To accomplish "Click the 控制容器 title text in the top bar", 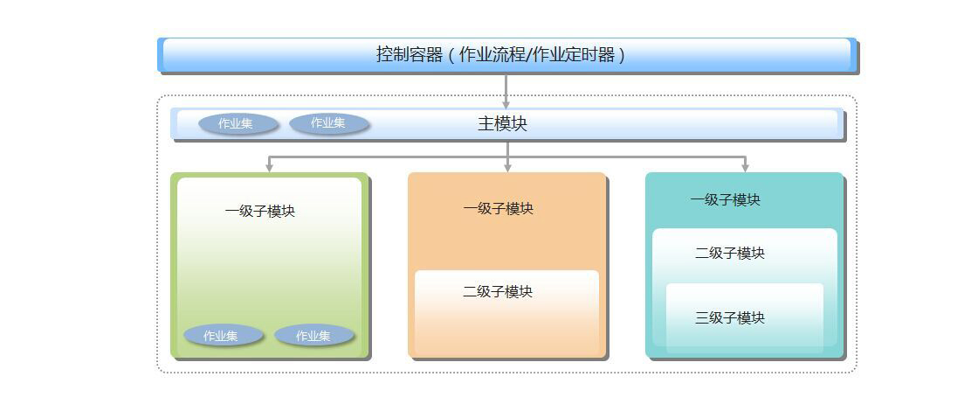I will [x=410, y=54].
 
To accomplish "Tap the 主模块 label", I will [x=502, y=123].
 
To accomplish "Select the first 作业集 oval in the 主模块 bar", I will [x=238, y=124].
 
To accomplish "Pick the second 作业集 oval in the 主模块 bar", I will [x=329, y=123].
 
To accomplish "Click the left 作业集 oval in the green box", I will [x=223, y=336].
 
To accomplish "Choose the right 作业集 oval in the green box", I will [x=314, y=336].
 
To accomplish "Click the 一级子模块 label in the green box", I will [x=259, y=211].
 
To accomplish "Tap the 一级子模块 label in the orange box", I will [x=498, y=208].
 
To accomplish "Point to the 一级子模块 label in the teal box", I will [x=725, y=199].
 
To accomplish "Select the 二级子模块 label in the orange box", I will [x=498, y=291].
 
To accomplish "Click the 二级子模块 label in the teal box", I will [x=730, y=253].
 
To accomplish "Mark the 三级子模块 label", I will [x=730, y=317].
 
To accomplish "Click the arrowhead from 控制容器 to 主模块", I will [x=506, y=104].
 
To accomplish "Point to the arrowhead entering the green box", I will [x=269, y=167].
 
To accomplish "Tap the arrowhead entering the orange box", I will [x=507, y=167].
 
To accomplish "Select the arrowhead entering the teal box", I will [x=745, y=167].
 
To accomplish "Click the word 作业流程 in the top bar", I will [x=492, y=54].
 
